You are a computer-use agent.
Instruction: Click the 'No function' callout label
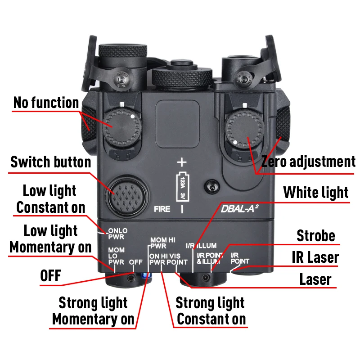click(x=46, y=103)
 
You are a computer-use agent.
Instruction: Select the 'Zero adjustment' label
click(x=308, y=161)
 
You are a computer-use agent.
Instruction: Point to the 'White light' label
click(x=315, y=193)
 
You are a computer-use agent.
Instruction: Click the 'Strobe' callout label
click(x=316, y=235)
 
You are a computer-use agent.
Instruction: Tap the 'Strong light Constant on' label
click(x=211, y=310)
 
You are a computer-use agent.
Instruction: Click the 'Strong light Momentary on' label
click(x=93, y=310)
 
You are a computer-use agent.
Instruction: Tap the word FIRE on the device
click(x=162, y=209)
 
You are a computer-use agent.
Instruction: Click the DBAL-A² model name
click(x=238, y=209)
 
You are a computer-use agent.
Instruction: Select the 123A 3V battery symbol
click(x=182, y=186)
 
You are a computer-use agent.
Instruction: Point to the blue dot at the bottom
click(x=146, y=275)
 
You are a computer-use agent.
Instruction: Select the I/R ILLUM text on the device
click(x=201, y=246)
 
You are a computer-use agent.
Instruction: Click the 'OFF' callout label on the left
click(x=50, y=275)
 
